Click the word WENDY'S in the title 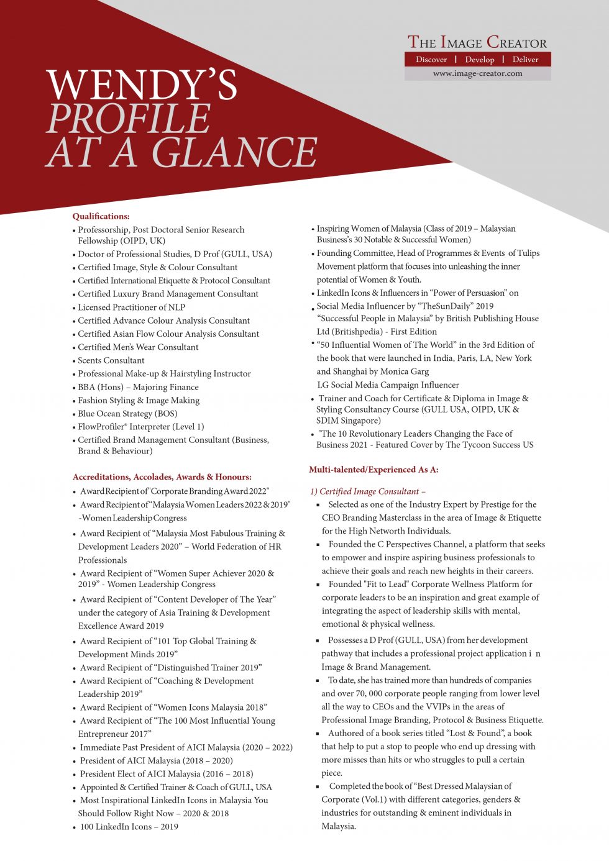coord(142,84)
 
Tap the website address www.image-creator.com coord(477,73)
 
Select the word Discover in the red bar coord(431,60)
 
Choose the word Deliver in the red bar coord(525,60)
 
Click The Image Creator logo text coord(477,42)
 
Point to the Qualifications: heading coord(101,216)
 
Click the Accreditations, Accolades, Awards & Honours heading coord(162,477)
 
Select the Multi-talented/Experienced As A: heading coord(373,470)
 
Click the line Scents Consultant coord(111,360)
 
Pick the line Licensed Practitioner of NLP coord(131,307)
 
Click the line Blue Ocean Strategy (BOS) coord(127,414)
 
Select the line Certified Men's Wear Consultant coord(138,347)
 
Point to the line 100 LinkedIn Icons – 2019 coord(129,827)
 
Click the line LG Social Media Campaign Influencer coord(388,385)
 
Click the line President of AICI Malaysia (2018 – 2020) coord(156,760)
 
